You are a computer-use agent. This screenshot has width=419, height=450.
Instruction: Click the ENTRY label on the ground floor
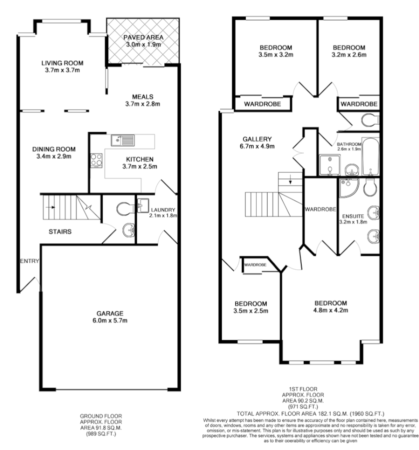coord(29,261)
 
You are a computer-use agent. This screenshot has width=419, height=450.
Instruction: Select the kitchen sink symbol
coord(123,140)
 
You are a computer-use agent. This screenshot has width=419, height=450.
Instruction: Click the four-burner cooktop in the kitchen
coord(95,160)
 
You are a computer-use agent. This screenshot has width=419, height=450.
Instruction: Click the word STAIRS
coord(59,231)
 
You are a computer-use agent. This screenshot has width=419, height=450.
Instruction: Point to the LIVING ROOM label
coord(62,63)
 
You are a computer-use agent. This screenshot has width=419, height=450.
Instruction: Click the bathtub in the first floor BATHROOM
coord(371,157)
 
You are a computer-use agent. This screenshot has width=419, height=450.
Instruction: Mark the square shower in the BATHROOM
coord(329,165)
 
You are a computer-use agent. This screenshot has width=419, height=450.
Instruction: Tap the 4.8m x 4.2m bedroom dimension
coord(330,310)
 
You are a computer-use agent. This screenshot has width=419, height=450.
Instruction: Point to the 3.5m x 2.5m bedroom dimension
coord(251,310)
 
